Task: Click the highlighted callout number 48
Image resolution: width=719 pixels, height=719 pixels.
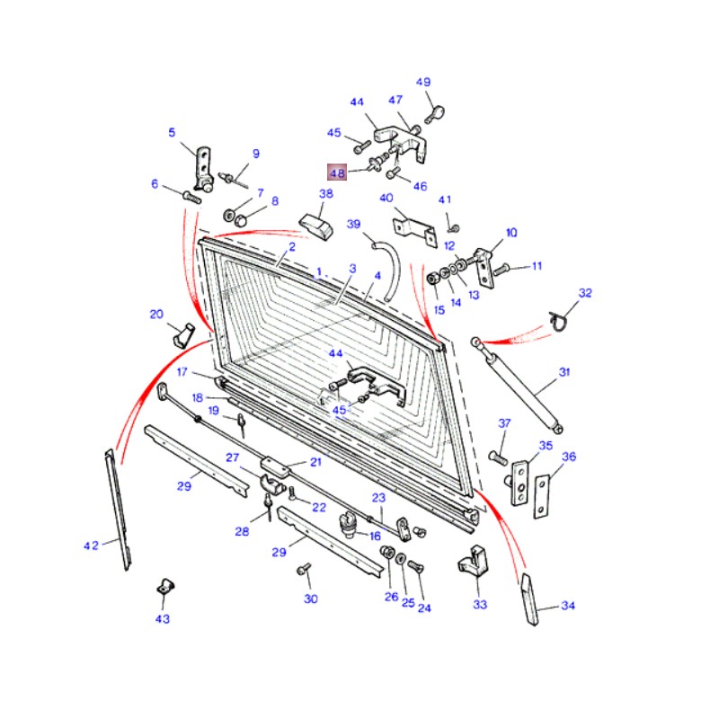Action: pos(337,173)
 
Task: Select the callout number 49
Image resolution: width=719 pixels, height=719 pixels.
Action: pos(423,82)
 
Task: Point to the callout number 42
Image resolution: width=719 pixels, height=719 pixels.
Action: pos(91,546)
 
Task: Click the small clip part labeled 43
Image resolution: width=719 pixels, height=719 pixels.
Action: pos(165,587)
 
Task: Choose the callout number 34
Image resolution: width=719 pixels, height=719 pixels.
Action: pos(568,606)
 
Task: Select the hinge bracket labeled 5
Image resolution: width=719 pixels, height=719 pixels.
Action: pos(203,168)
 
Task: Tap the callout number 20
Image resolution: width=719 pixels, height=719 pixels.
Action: pos(156,314)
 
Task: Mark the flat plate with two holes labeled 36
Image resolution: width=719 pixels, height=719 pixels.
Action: pos(542,496)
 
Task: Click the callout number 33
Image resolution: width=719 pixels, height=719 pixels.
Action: pos(480,604)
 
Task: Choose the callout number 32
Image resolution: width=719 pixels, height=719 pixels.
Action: pos(585,293)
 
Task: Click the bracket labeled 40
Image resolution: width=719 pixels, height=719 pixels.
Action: pos(415,231)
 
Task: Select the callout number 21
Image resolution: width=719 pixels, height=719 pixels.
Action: pos(316,462)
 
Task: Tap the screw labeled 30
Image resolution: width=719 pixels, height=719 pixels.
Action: pos(304,569)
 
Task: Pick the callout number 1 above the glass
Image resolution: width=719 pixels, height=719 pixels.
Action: pos(319,271)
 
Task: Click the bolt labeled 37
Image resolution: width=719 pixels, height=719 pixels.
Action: pos(499,457)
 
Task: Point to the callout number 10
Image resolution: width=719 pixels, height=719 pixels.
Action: pos(511,233)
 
